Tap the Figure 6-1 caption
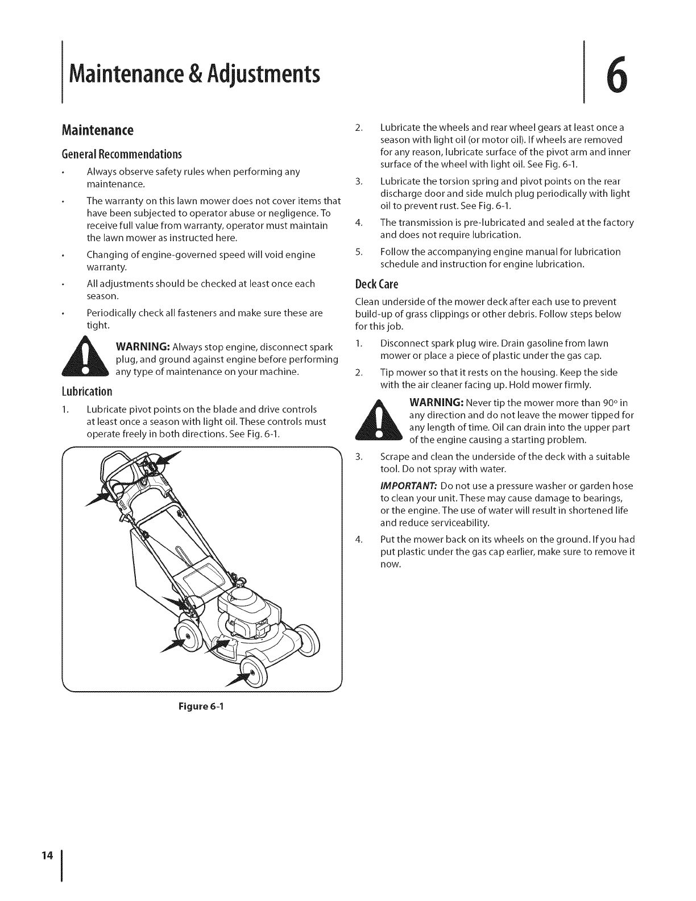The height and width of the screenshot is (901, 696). (x=203, y=708)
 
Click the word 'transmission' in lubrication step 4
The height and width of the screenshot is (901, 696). (x=425, y=223)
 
